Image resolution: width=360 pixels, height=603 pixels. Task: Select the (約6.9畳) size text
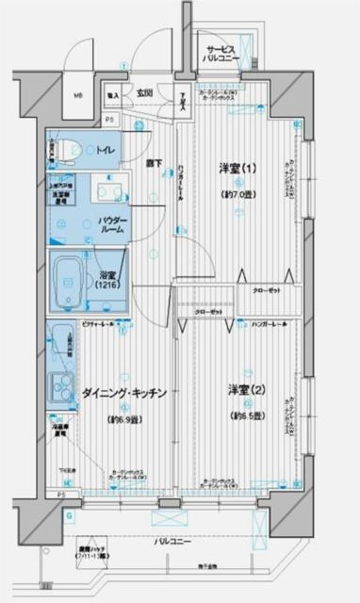pos(124,417)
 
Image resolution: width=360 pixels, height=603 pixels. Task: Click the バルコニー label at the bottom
pos(170,541)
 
